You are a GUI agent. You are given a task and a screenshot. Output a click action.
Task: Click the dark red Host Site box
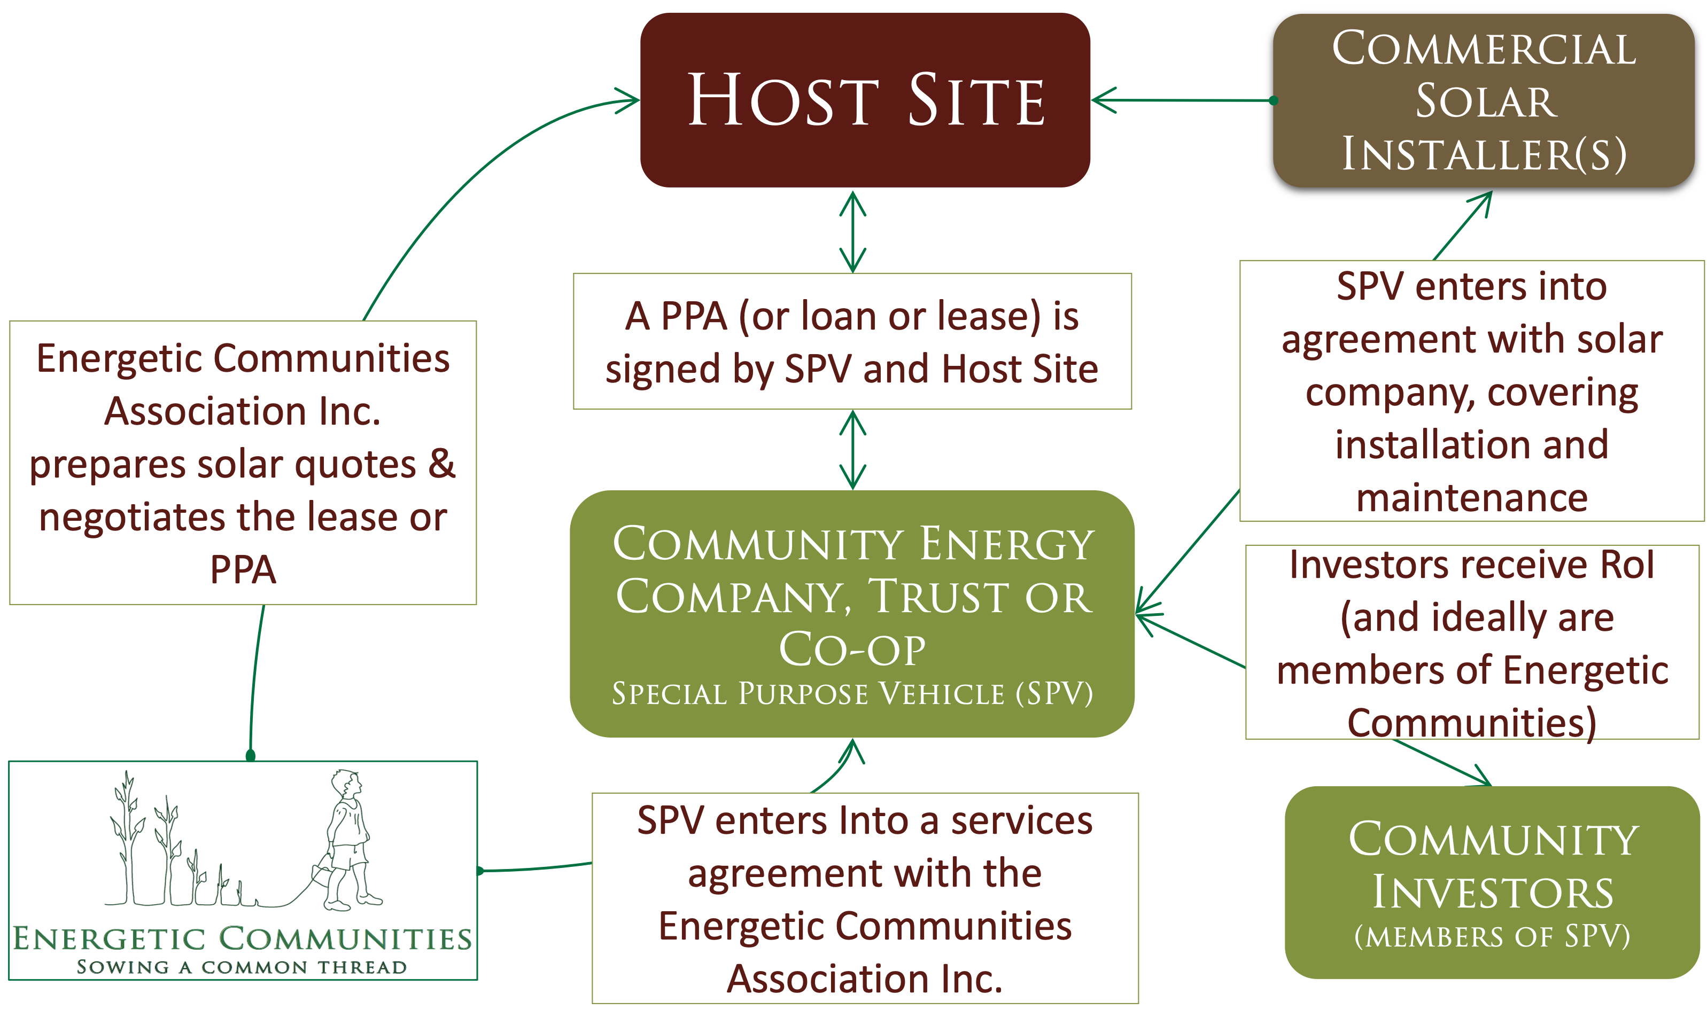coord(865,100)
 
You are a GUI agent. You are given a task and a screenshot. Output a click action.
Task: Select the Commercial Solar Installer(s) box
coord(1484,100)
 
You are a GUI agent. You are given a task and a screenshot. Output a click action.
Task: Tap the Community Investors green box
coord(1492,882)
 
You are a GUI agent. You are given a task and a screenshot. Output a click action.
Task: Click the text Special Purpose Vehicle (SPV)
coord(852,694)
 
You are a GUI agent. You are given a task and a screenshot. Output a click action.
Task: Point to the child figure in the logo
coord(350,839)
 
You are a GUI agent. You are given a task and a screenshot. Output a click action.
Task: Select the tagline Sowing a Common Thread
coord(242,967)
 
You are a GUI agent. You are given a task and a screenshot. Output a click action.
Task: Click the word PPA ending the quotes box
coord(243,570)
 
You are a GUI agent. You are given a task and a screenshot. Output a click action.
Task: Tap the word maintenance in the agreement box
coord(1472,498)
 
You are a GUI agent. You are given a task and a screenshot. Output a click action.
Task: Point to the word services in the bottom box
coord(1021,820)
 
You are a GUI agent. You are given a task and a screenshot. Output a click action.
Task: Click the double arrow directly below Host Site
coord(853,231)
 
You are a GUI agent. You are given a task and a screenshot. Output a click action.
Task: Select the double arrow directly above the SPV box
coord(853,450)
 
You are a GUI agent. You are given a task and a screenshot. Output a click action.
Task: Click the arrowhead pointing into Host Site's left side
coord(627,100)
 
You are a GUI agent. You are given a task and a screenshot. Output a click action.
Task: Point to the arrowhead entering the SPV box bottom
coord(853,750)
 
